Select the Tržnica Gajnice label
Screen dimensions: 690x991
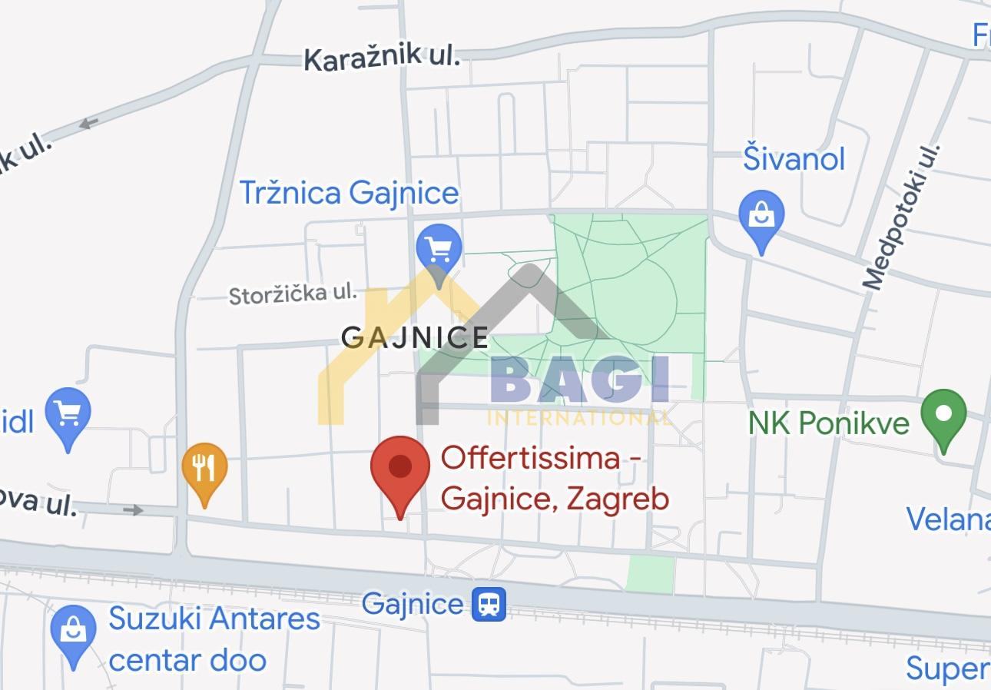click(349, 192)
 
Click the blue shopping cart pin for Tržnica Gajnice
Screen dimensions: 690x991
click(439, 249)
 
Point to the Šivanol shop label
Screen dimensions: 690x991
click(794, 159)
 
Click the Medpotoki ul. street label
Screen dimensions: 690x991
click(902, 217)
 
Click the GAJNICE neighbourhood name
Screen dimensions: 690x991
click(415, 337)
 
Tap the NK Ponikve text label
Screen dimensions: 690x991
click(829, 422)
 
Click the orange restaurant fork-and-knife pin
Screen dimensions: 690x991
click(204, 468)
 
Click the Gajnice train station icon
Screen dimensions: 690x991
click(489, 604)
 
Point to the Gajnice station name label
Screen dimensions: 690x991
click(413, 603)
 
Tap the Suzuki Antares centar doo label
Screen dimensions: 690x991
click(214, 639)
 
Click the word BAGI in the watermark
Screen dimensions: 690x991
click(579, 380)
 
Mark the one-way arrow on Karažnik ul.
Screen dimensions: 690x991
click(88, 123)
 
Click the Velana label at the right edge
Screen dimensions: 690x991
click(948, 519)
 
